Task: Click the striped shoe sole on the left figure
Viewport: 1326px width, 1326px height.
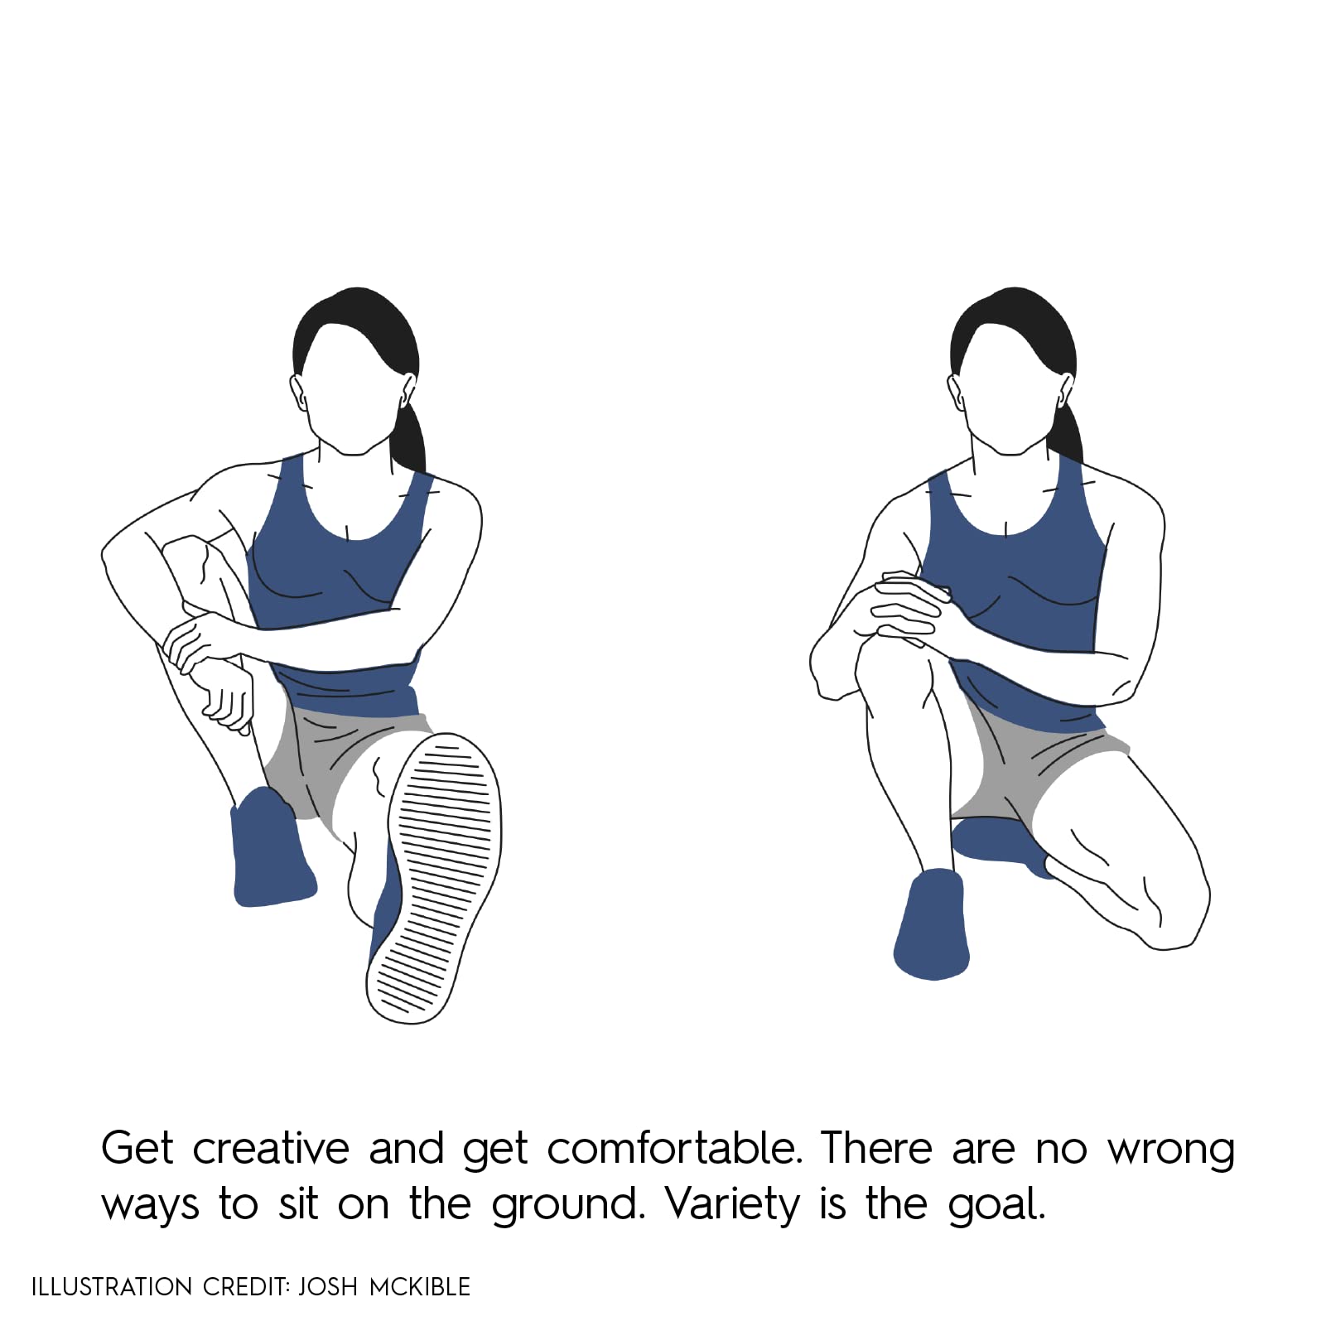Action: (x=434, y=878)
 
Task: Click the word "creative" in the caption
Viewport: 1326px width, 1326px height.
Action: (x=271, y=1149)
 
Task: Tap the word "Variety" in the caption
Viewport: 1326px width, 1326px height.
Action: (x=732, y=1205)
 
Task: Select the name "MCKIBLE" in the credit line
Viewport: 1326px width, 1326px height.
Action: (x=419, y=1286)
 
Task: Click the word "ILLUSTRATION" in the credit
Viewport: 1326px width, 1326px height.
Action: (x=112, y=1286)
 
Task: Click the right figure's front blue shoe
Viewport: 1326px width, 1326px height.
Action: (x=932, y=923)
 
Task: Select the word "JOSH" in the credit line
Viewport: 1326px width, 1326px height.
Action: (x=328, y=1286)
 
